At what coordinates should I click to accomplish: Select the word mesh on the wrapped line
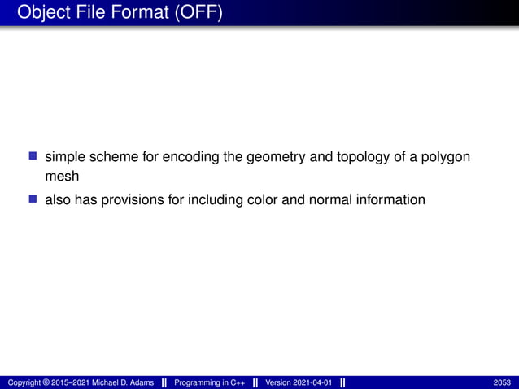pyautogui.click(x=62, y=177)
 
